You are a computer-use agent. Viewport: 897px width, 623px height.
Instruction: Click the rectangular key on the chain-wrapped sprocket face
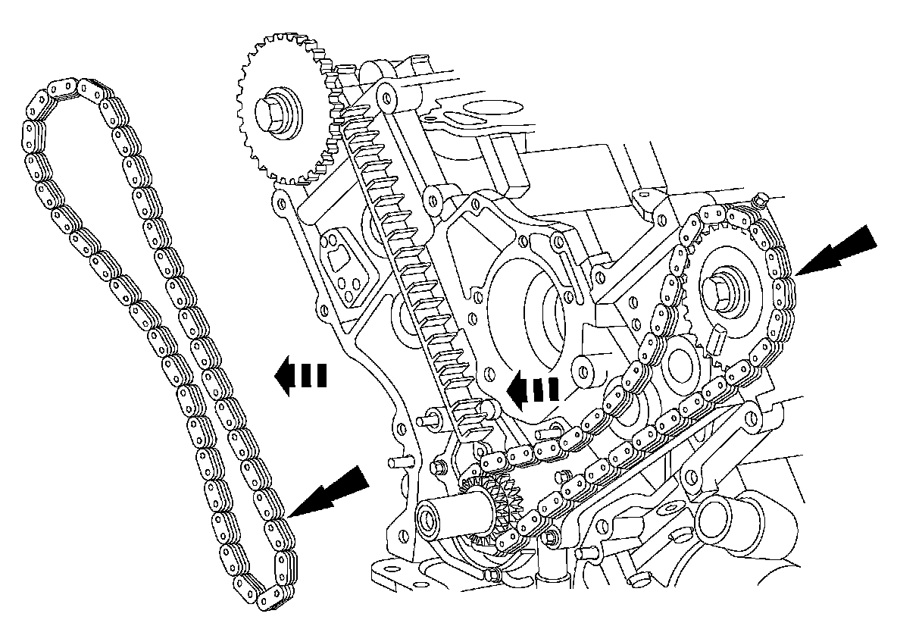716,340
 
